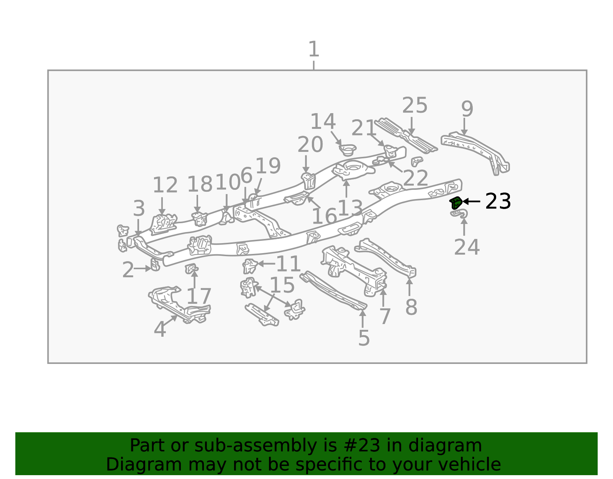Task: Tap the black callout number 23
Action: tap(498, 201)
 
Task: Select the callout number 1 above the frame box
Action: tap(314, 49)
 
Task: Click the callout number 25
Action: tap(415, 105)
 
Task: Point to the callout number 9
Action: tap(467, 109)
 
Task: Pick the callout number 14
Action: tap(323, 121)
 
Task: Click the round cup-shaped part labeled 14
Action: tap(348, 150)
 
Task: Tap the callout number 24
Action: tap(467, 247)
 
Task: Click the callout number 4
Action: tap(160, 329)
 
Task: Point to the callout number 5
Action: tap(364, 338)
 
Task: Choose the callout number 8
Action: tap(411, 307)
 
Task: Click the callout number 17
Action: tap(199, 296)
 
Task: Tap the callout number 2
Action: tap(128, 270)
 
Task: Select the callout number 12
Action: tap(165, 185)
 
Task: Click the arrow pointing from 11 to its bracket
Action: tap(266, 264)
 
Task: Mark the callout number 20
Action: tap(310, 145)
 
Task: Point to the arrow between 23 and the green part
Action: tap(471, 201)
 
